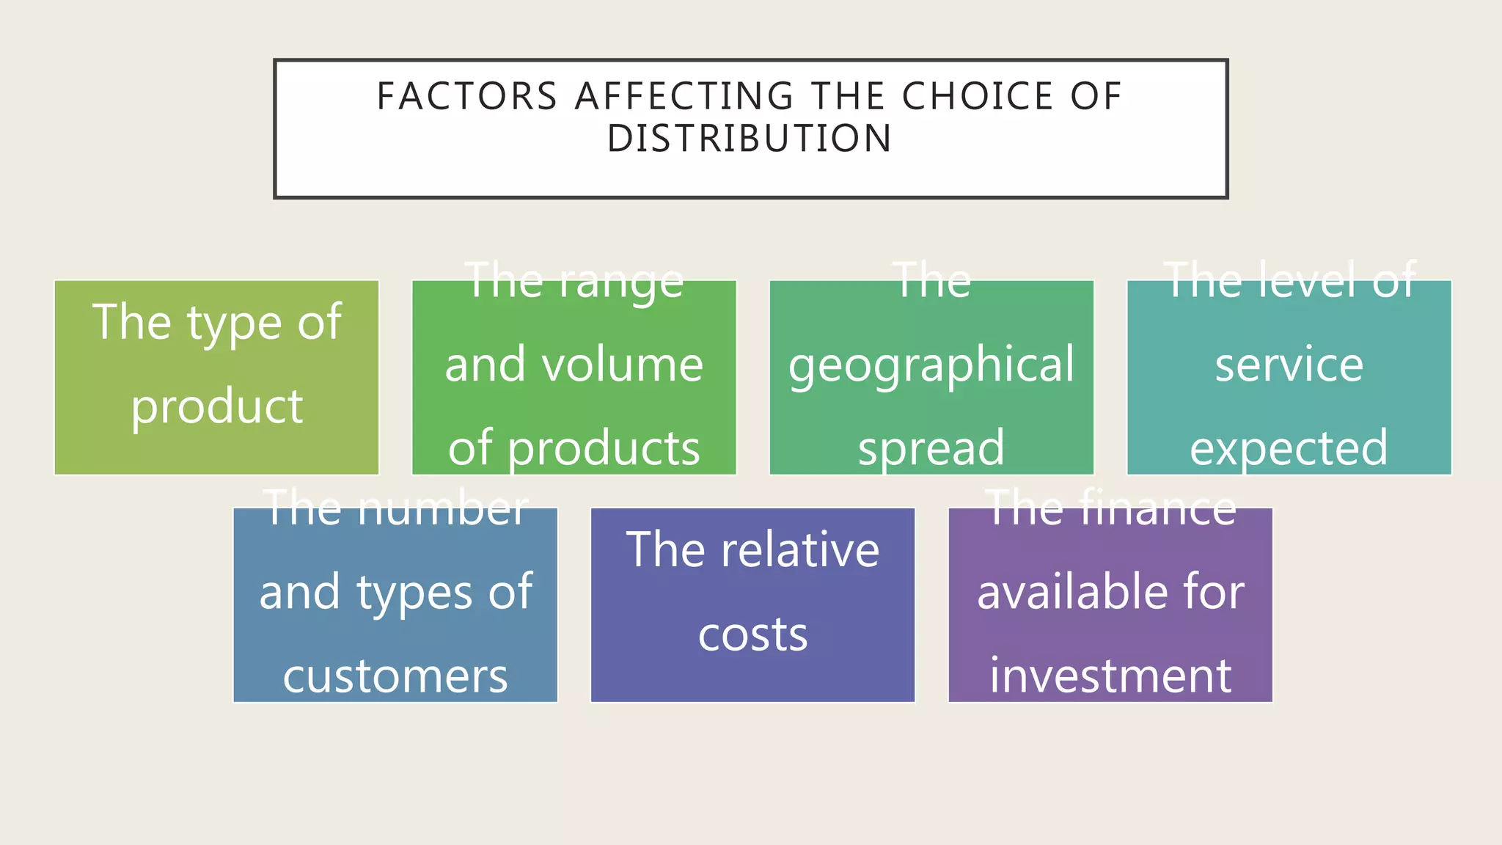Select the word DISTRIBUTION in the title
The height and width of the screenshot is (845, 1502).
(750, 139)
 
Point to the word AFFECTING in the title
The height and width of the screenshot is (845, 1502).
(684, 97)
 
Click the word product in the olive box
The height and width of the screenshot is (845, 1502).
(216, 407)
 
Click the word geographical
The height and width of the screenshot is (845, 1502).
(931, 366)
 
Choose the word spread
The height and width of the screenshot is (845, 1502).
(931, 448)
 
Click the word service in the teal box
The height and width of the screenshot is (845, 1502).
(1289, 365)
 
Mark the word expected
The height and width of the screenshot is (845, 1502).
(1289, 448)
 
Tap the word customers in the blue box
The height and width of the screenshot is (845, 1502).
(395, 676)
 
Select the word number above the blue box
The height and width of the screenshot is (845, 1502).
(442, 508)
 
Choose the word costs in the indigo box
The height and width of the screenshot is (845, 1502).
(752, 634)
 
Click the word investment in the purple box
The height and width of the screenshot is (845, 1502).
(1110, 676)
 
